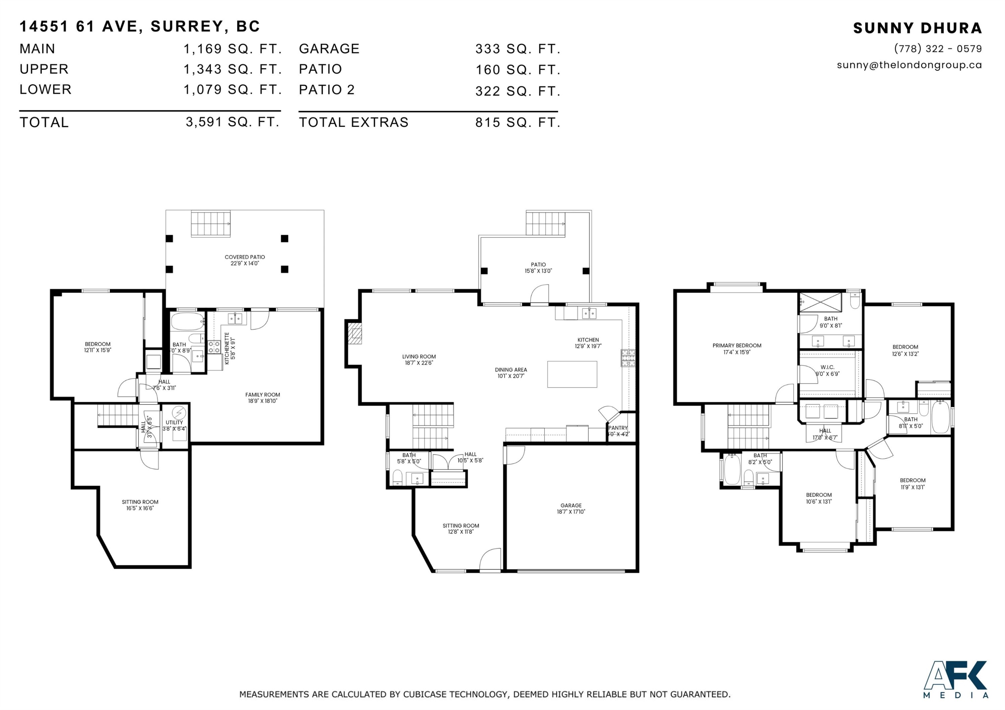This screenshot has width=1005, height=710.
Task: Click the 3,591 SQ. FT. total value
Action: point(232,122)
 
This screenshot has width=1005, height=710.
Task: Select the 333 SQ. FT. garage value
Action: point(517,49)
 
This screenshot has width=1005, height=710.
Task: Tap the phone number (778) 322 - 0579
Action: point(938,49)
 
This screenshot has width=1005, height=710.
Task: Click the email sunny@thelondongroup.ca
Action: point(909,65)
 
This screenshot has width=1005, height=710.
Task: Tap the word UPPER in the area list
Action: point(44,69)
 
